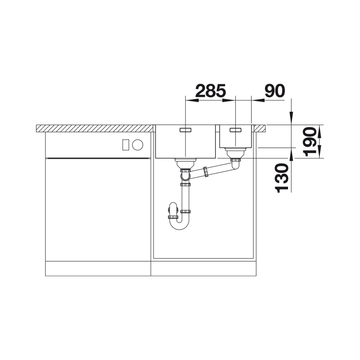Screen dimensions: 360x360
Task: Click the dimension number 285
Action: pos(211,91)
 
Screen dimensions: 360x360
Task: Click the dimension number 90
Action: pos(274,91)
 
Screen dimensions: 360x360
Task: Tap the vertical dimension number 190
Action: pos(309,141)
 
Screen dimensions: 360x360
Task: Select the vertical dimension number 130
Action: pos(282,178)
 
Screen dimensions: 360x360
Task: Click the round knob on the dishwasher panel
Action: pos(138,145)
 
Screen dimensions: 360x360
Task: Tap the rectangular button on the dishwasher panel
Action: pos(126,145)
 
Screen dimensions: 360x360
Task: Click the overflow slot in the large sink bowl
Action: pos(185,130)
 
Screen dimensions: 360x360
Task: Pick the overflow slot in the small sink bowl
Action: pos(235,130)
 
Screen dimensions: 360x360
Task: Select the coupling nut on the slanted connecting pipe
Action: pos(206,172)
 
